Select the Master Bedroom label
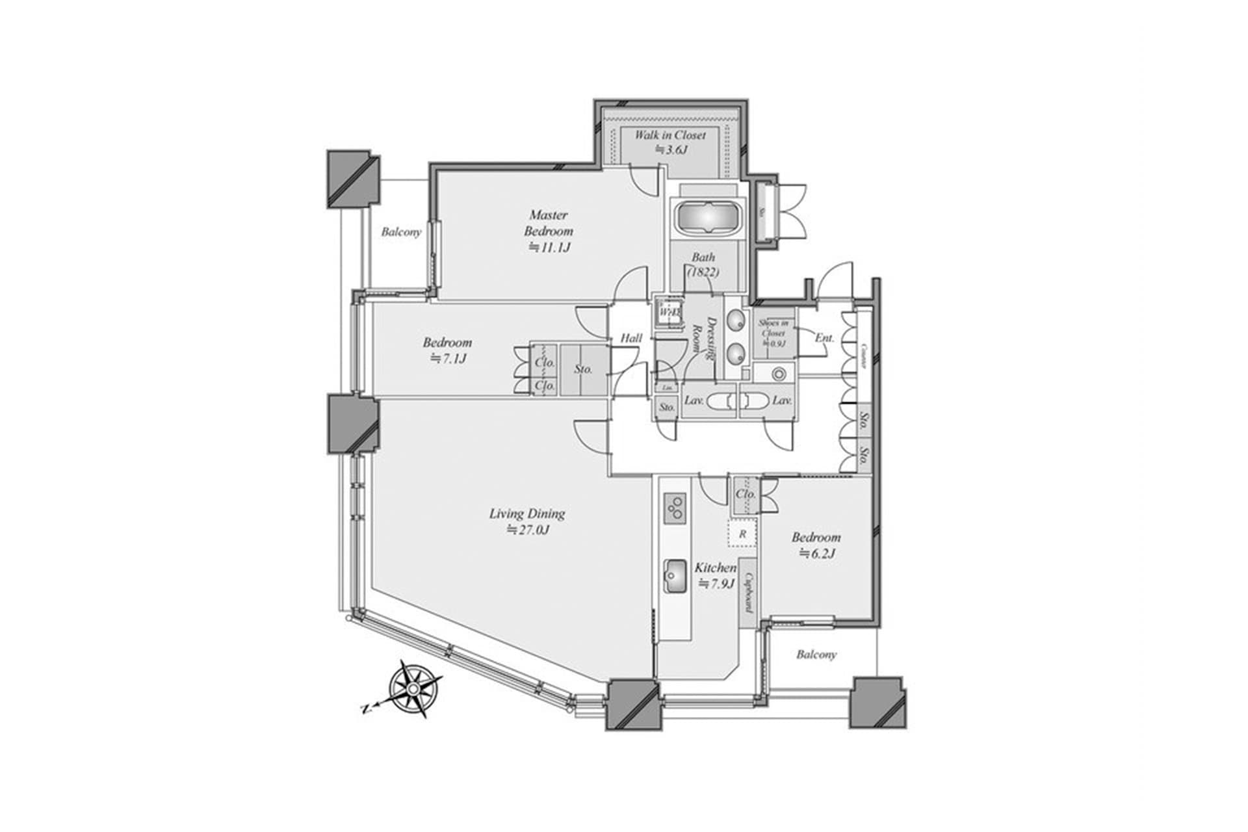click(x=549, y=223)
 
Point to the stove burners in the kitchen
click(x=675, y=508)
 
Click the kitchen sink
click(x=675, y=576)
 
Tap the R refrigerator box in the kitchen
click(x=742, y=534)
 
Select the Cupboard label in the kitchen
click(x=748, y=592)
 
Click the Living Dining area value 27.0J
click(x=528, y=530)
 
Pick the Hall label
click(x=630, y=338)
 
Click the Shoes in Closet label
click(x=773, y=332)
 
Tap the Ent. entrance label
click(x=824, y=338)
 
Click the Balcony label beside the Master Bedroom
click(x=401, y=232)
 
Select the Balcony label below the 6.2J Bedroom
click(x=816, y=655)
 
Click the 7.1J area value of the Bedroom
click(x=448, y=358)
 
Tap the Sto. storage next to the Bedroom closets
click(x=583, y=369)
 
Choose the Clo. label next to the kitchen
click(x=746, y=494)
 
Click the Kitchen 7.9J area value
click(x=716, y=584)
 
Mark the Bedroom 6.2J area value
click(x=816, y=554)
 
